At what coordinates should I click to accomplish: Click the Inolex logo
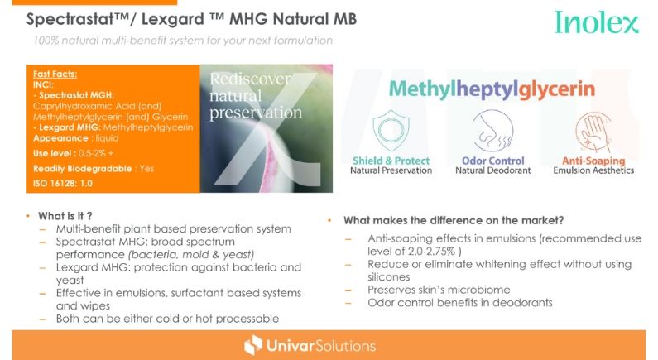[596, 22]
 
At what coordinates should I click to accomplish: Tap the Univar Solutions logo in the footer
[310, 345]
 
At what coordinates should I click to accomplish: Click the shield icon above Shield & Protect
[391, 130]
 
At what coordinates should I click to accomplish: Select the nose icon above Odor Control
[492, 130]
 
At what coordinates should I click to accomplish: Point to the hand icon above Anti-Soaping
[593, 132]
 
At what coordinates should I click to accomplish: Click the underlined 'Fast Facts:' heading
[55, 74]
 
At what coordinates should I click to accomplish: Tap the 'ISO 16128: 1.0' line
[63, 184]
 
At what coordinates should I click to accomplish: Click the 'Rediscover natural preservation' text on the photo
[256, 96]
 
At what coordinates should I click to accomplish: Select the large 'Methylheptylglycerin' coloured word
[492, 89]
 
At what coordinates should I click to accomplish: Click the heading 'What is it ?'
[65, 216]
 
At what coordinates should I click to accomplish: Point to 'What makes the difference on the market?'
[454, 220]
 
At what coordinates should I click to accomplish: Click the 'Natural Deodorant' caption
[493, 170]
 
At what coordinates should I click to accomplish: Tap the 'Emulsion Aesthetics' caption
[593, 170]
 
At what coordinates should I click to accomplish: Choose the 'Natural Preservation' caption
[391, 170]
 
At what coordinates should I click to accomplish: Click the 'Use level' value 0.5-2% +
[96, 154]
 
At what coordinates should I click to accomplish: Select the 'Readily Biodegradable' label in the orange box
[82, 169]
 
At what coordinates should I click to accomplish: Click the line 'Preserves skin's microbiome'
[439, 290]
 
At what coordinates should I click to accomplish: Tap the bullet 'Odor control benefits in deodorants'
[460, 303]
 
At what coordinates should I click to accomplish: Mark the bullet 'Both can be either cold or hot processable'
[167, 319]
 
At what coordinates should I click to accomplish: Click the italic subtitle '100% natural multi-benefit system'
[183, 41]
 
